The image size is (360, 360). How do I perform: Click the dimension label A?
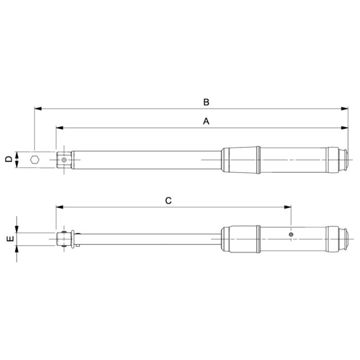coord(206,121)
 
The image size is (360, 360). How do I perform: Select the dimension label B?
coord(206,102)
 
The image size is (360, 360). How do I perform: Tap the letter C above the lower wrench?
coord(168,201)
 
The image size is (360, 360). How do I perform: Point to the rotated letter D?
coord(8,160)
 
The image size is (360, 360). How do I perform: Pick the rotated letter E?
coord(8,239)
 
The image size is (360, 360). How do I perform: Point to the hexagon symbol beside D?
coord(35,160)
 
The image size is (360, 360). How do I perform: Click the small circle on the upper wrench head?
coord(65,159)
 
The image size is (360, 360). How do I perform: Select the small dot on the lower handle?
coord(292,234)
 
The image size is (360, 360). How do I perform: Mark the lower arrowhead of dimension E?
coord(17,249)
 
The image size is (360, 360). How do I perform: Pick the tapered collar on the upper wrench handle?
coord(240,159)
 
